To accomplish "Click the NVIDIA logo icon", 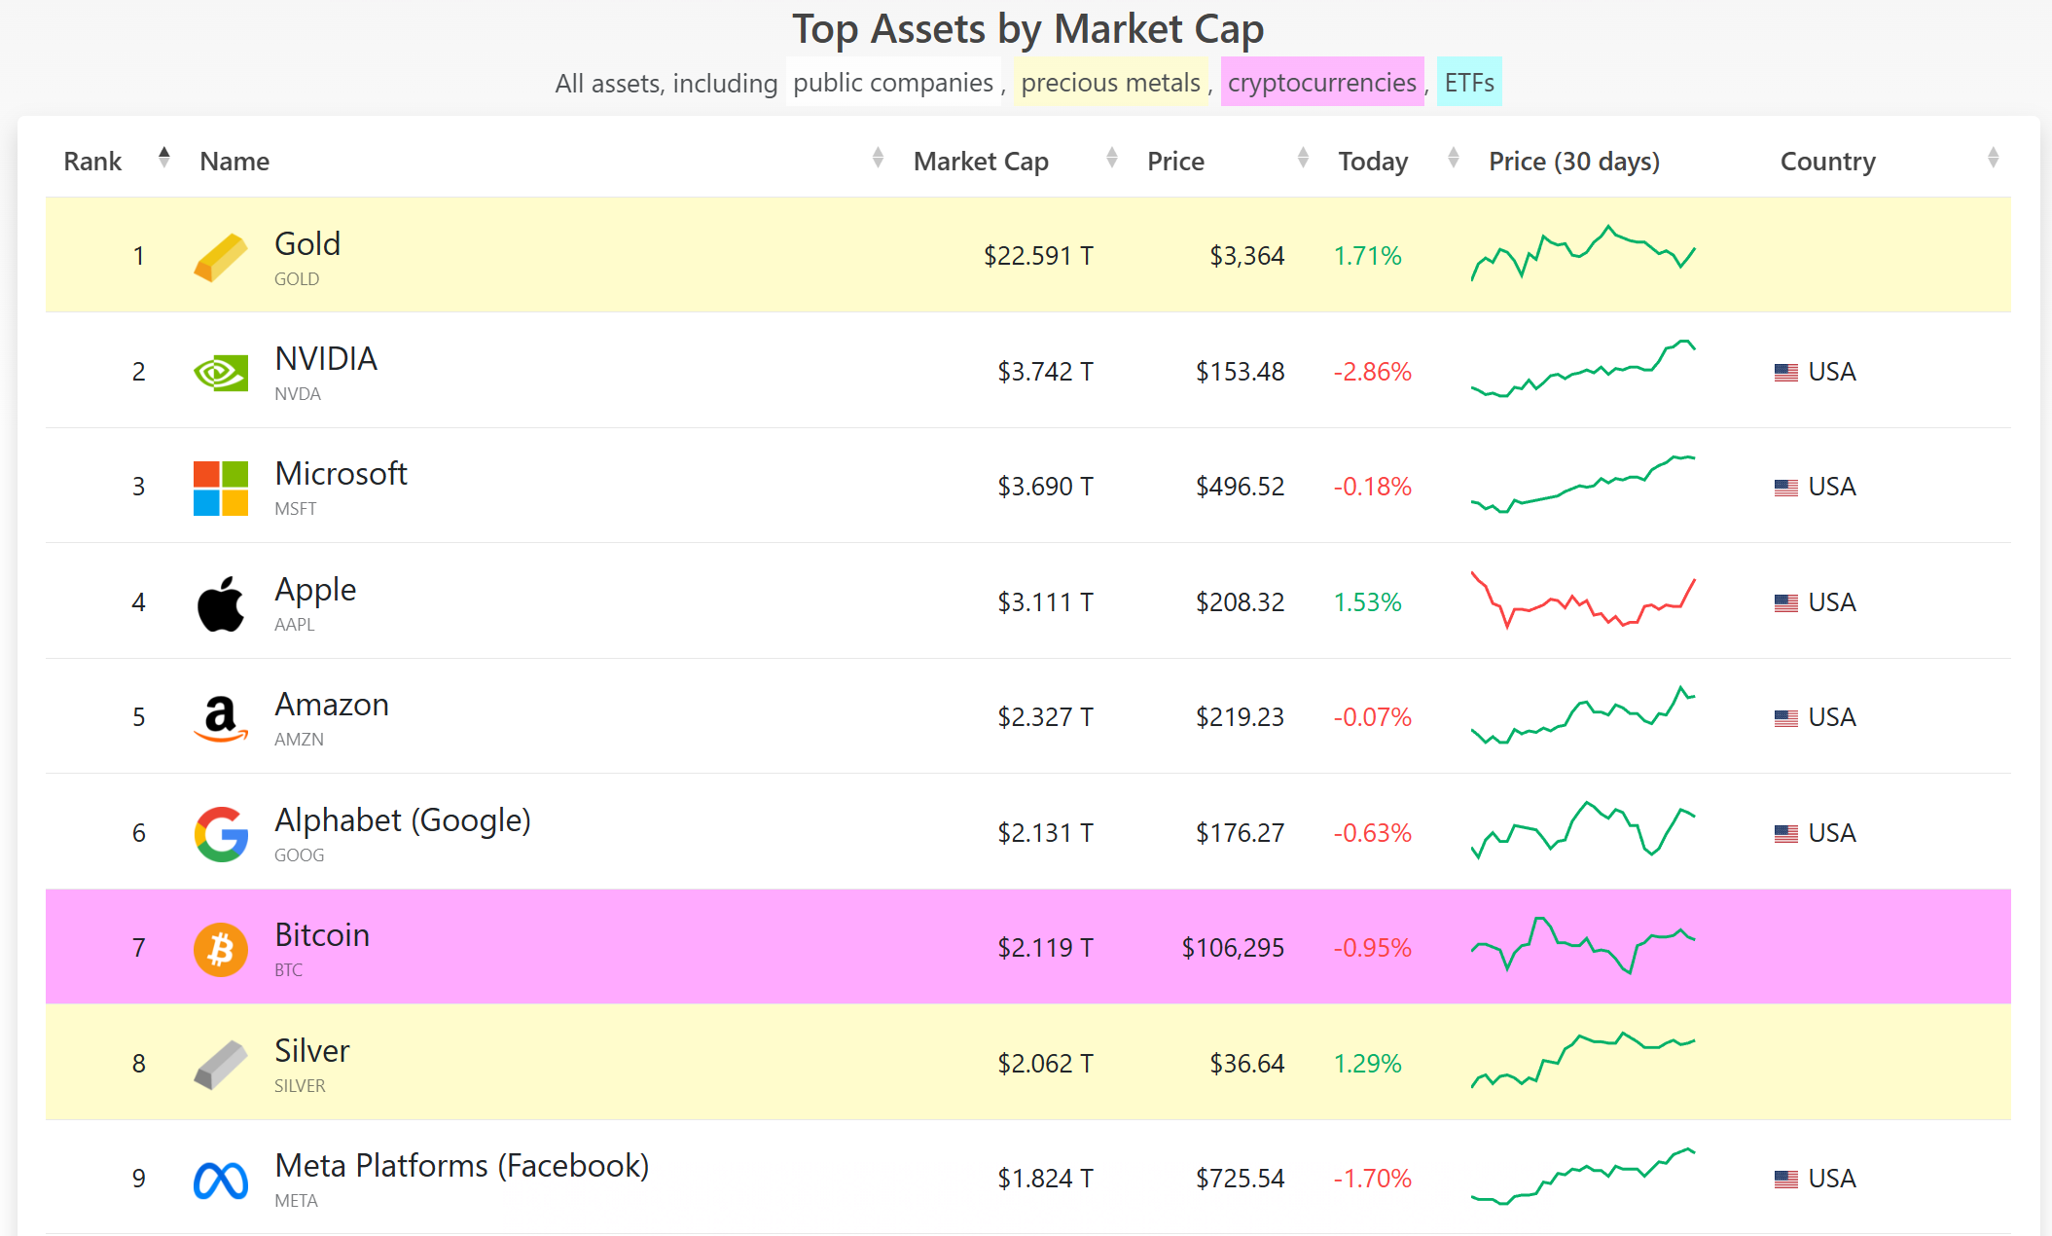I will click(x=221, y=373).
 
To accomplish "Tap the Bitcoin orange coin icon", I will click(x=221, y=949).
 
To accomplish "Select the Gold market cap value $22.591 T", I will click(x=1038, y=256).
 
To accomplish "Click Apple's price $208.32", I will click(x=1240, y=602).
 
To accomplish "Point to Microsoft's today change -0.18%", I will click(x=1372, y=487).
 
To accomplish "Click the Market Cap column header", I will click(x=981, y=162).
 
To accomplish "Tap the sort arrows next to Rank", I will click(x=164, y=158).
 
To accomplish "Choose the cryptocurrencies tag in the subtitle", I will click(x=1321, y=83).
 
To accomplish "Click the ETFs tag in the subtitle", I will click(x=1468, y=83).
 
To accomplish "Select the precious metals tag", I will click(x=1110, y=83).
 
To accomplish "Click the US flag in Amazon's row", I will click(x=1785, y=718).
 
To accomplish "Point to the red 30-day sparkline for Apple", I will click(x=1583, y=601).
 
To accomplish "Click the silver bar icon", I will click(x=221, y=1065).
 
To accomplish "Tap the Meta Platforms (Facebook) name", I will click(x=461, y=1166).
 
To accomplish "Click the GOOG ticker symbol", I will click(x=299, y=855).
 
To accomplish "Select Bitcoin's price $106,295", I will click(x=1233, y=948).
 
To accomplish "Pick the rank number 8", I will click(x=139, y=1064).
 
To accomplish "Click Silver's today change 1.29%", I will click(x=1367, y=1064).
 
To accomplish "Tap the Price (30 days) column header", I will click(x=1573, y=162).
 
